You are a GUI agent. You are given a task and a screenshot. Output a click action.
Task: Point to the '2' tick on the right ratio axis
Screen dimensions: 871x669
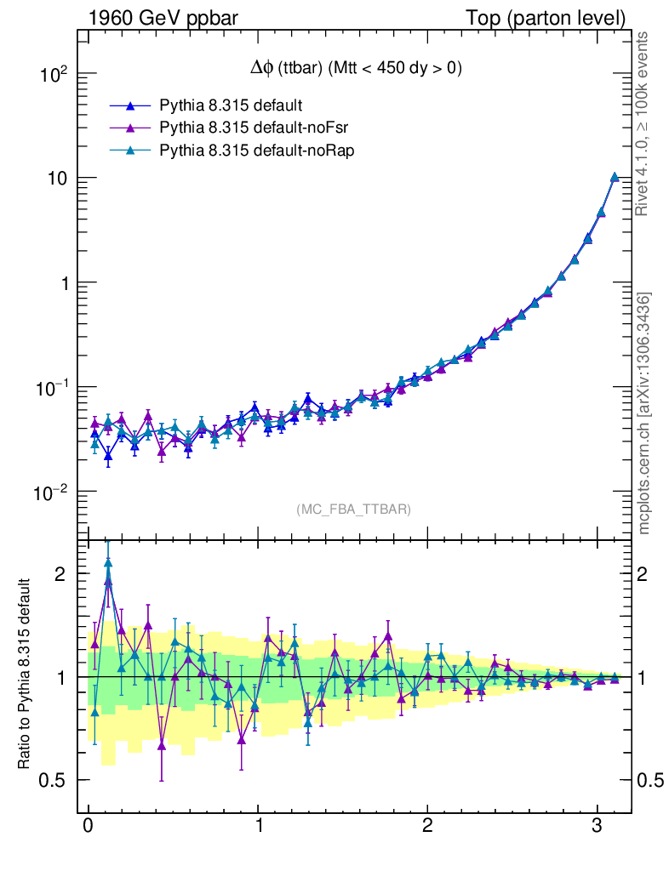(644, 573)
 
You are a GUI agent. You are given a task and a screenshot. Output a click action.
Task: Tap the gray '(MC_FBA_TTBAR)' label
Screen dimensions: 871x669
(354, 510)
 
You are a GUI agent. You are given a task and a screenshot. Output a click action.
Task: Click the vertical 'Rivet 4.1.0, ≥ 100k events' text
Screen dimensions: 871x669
(643, 123)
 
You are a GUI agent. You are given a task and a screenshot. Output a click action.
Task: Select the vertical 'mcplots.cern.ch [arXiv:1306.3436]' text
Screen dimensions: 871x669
(644, 413)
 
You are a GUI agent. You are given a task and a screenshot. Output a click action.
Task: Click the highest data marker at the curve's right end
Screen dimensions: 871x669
(615, 177)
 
